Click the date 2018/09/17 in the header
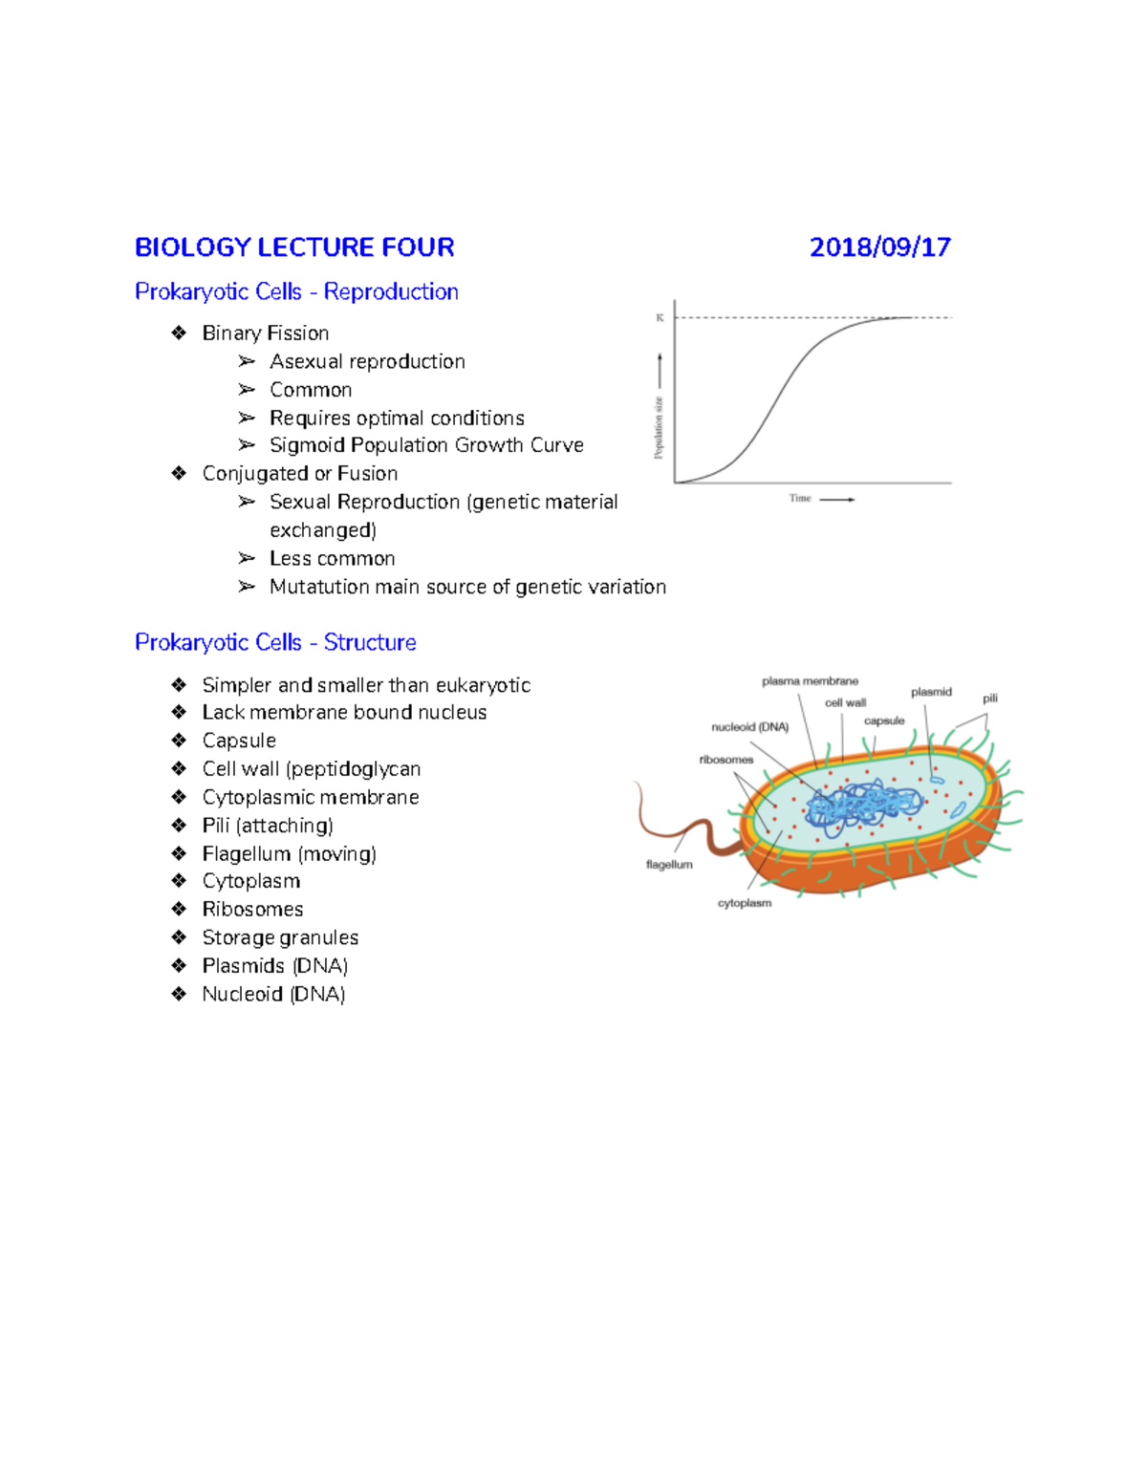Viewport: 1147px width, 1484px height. click(879, 247)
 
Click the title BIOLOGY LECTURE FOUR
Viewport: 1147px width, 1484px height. click(294, 247)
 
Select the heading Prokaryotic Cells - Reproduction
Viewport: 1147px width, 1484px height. click(296, 291)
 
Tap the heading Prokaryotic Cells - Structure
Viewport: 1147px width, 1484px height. click(275, 642)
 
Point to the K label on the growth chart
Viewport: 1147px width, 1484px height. click(660, 317)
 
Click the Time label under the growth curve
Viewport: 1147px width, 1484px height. click(800, 498)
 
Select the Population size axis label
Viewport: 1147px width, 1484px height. click(659, 427)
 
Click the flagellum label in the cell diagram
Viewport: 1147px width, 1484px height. click(669, 865)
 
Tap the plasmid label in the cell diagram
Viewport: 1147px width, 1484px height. click(931, 692)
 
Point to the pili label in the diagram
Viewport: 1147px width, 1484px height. click(990, 699)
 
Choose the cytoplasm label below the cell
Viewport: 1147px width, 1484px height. click(745, 903)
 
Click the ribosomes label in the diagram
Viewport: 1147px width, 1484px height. click(726, 760)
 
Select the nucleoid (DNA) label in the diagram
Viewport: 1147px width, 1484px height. click(750, 727)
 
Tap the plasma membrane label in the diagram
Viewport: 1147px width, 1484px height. click(810, 681)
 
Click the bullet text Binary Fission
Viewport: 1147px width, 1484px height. click(266, 333)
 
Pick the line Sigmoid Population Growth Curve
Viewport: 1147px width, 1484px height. click(426, 445)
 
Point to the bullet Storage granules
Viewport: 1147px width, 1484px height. click(280, 937)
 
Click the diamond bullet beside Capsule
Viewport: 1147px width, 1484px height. click(179, 741)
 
